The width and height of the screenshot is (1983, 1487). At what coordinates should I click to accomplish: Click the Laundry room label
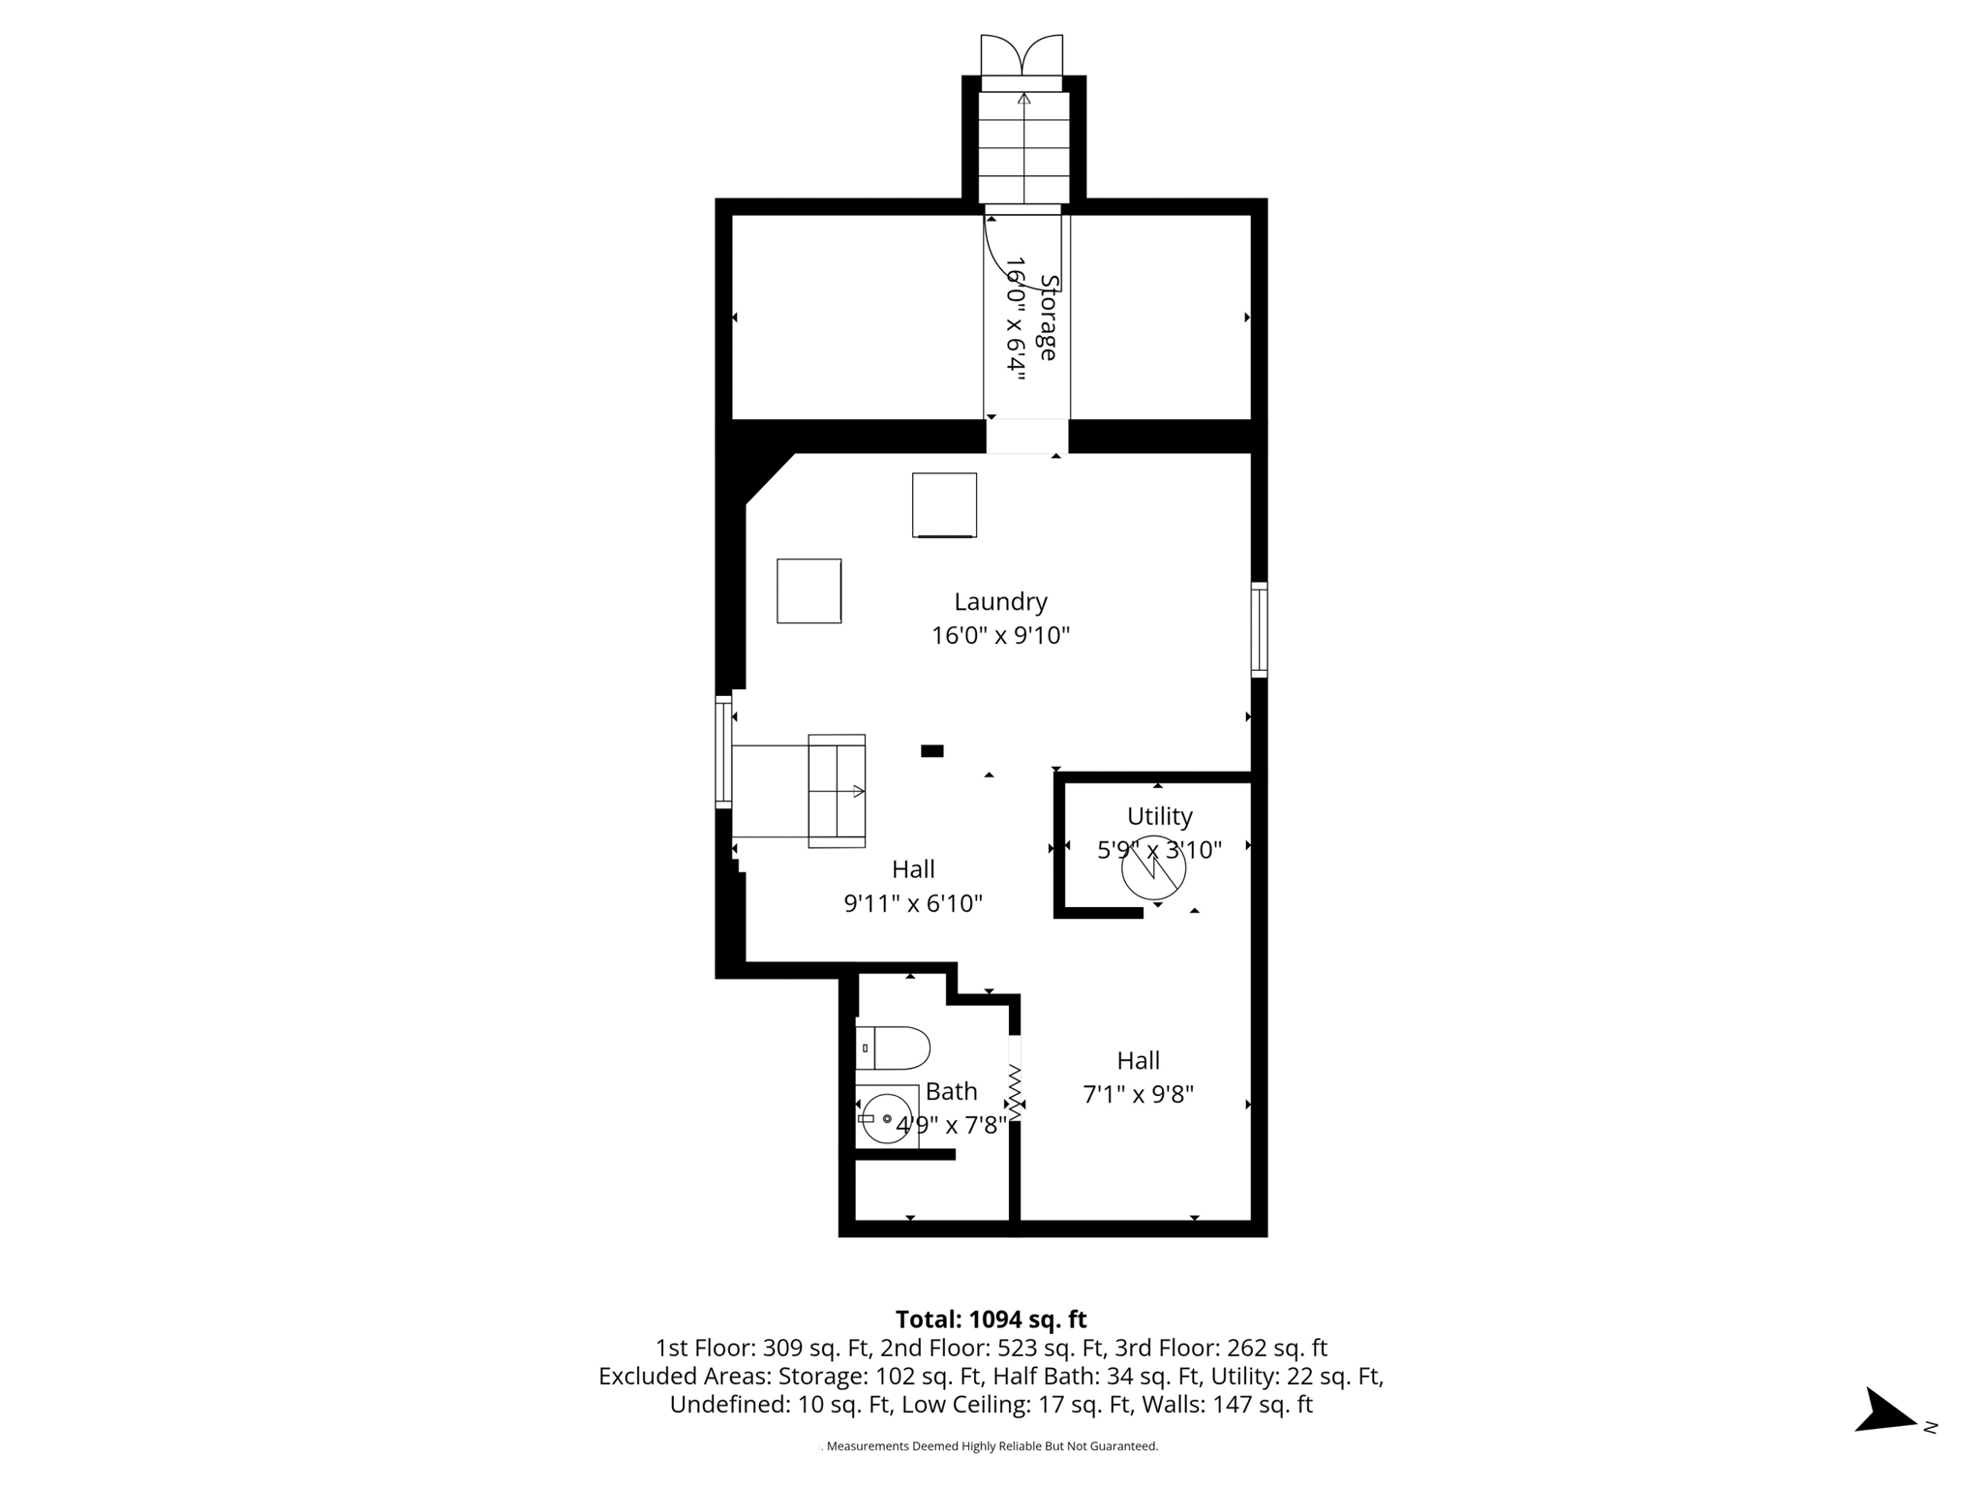pos(1000,601)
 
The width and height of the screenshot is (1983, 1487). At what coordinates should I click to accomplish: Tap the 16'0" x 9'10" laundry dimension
pos(1000,636)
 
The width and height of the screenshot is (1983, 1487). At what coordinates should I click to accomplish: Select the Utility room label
pos(1159,816)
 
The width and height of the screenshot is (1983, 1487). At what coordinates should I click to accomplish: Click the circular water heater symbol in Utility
pos(1153,868)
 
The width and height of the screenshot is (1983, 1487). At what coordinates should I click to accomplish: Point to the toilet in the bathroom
pos(894,1047)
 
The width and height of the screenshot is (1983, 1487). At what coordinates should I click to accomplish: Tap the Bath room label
pos(951,1091)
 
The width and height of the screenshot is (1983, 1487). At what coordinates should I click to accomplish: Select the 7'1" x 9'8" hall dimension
pos(1138,1095)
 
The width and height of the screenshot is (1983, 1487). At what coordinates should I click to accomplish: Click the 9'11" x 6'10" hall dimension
pos(913,903)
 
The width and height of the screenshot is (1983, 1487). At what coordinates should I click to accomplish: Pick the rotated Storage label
pos(1048,318)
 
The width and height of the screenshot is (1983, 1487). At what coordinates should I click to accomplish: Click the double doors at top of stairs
pos(1022,55)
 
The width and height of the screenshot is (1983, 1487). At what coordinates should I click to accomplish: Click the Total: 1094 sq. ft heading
pos(991,1320)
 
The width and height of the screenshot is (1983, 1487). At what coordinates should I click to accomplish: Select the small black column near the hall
pos(931,750)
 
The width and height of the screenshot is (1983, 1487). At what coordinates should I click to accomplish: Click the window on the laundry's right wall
pos(1259,629)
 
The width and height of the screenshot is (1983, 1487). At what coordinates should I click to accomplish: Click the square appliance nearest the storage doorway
pos(944,504)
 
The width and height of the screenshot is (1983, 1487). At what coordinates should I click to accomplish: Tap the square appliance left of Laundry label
pos(808,591)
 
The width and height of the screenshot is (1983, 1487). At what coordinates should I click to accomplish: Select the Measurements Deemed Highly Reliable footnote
pos(991,1446)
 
